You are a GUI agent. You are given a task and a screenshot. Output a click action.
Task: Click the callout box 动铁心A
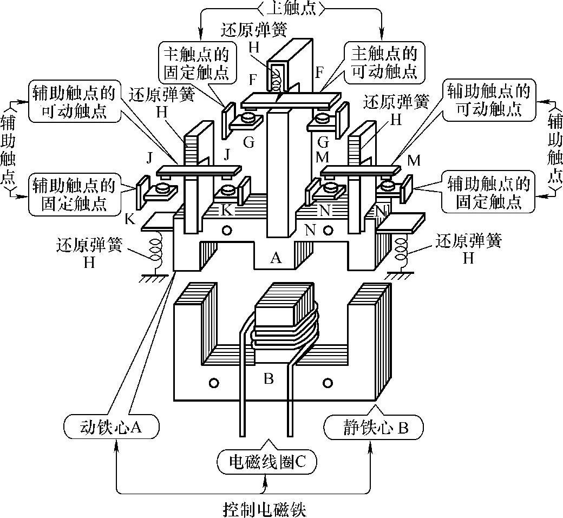(111, 427)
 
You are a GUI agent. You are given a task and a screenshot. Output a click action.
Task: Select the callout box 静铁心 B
(373, 427)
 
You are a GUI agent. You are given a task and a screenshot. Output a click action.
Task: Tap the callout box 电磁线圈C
(265, 461)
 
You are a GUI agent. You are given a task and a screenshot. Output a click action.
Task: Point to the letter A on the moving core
(276, 258)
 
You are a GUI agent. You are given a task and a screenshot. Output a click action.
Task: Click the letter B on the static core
(269, 378)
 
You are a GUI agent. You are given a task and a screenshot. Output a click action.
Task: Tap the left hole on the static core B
(213, 383)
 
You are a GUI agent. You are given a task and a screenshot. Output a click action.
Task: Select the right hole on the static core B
(327, 383)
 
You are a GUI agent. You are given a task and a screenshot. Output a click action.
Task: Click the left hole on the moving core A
(227, 231)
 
